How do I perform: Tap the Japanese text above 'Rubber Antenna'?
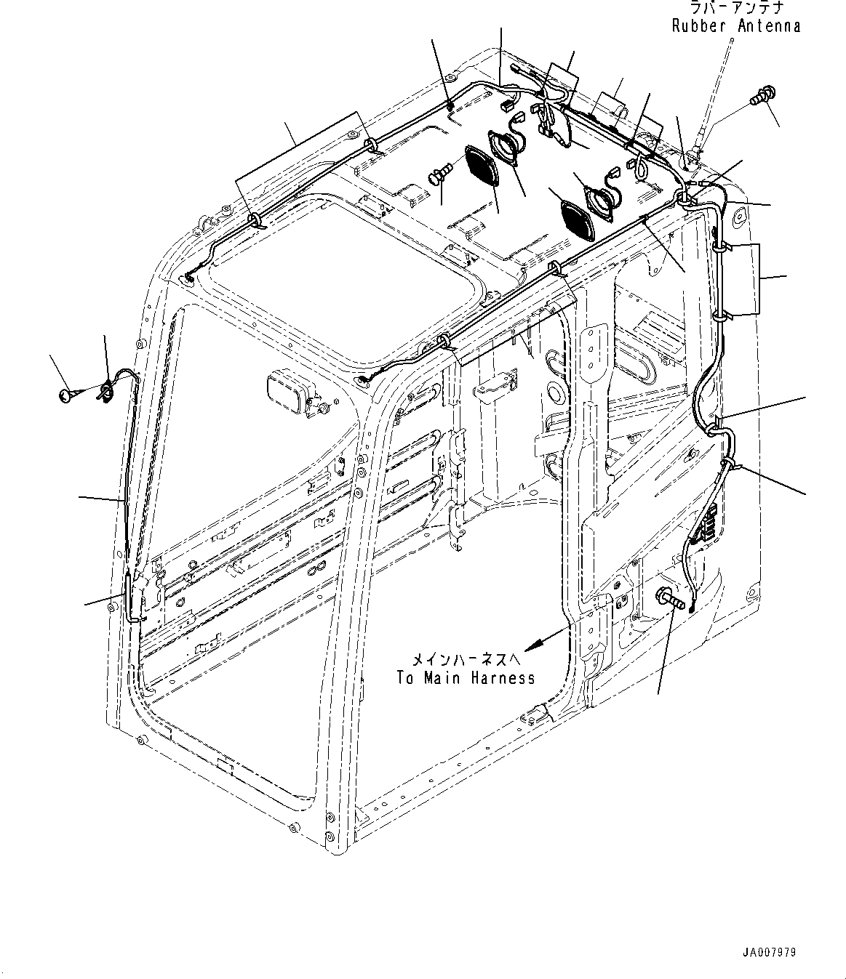pos(736,8)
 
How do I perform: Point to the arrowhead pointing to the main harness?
pos(532,645)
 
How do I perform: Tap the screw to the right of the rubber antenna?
pos(762,94)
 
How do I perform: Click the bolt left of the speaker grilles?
pos(439,174)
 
